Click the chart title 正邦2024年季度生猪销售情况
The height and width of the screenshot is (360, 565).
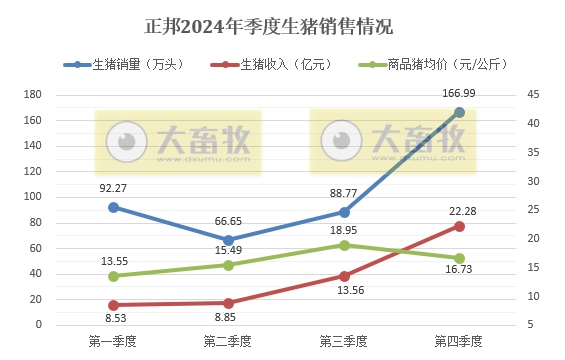[x=269, y=23]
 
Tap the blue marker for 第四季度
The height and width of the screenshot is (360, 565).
[x=459, y=112]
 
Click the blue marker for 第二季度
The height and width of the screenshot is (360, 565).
[x=229, y=240]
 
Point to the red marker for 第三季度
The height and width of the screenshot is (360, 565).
[x=344, y=276]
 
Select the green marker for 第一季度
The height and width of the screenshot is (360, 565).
[x=114, y=276]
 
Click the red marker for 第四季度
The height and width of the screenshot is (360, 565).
[x=459, y=226]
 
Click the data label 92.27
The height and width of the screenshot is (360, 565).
[x=114, y=186]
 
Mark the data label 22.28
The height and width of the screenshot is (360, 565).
[x=461, y=207]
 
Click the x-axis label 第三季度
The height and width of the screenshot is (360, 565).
[x=343, y=342]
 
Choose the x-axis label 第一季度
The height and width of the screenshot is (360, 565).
[x=113, y=342]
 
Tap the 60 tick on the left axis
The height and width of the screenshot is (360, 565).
[x=35, y=248]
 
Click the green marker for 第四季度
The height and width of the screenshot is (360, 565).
[x=459, y=258]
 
